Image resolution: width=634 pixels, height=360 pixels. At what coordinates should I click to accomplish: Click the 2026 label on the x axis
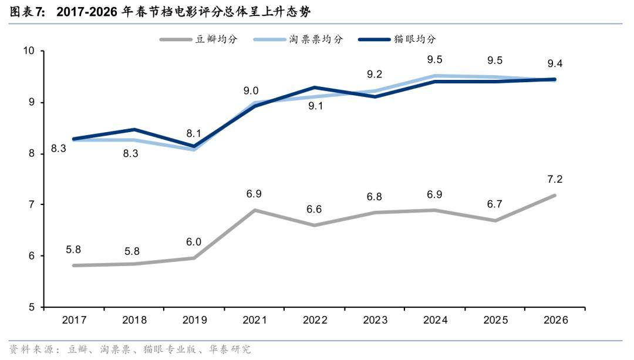pos(555,320)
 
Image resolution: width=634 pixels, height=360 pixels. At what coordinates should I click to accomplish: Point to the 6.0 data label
pos(194,242)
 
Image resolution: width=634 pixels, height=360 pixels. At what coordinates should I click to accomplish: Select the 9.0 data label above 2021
pos(251,90)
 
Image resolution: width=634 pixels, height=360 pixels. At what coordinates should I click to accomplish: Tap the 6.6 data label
pos(315,210)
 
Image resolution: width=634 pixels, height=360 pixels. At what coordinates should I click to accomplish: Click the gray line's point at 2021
pos(255,210)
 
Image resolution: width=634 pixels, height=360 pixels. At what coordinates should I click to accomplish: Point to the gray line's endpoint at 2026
pos(555,196)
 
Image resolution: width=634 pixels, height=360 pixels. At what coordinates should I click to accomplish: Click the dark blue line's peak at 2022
pos(315,88)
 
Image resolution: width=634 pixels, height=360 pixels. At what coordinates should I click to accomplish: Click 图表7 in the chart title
pos(27,12)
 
